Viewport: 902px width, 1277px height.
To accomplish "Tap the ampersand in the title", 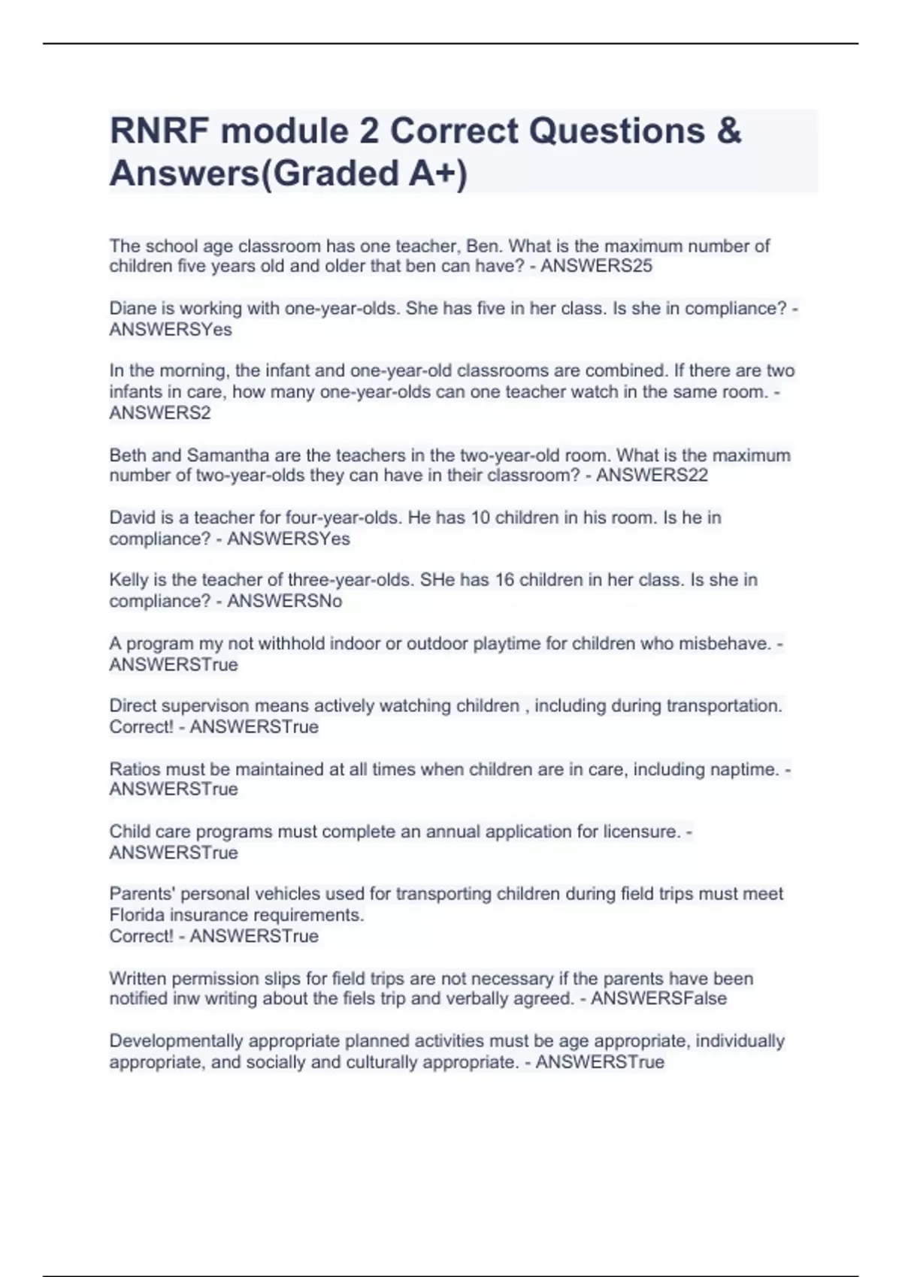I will point(728,131).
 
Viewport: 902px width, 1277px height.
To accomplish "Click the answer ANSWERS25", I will point(596,266).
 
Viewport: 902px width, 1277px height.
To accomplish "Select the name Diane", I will point(130,308).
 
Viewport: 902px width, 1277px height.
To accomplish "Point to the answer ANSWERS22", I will point(652,475).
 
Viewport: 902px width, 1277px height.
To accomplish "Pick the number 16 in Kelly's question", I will point(505,580).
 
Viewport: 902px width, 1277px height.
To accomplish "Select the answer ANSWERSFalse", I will point(658,998).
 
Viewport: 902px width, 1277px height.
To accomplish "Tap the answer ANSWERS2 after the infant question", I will point(160,413).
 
